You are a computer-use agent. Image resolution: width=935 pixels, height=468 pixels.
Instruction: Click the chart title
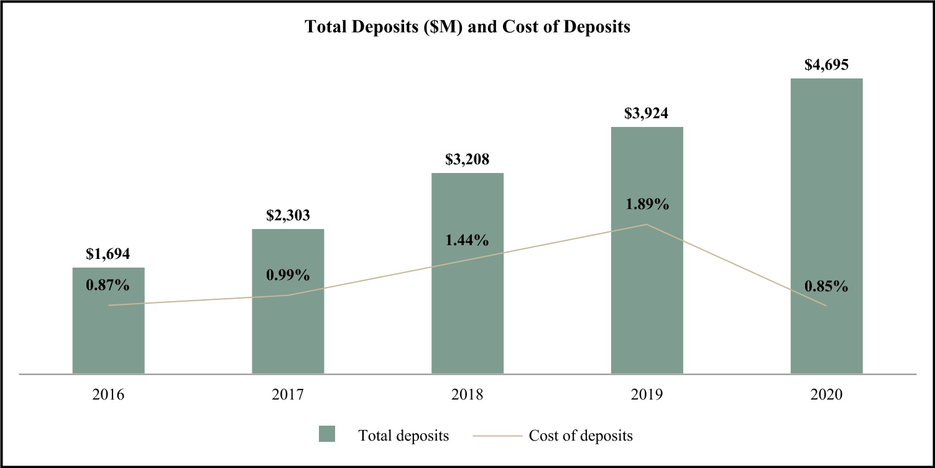468,28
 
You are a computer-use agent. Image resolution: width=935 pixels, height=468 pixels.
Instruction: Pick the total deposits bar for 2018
468,311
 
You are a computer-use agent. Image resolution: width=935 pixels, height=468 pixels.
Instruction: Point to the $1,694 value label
108,254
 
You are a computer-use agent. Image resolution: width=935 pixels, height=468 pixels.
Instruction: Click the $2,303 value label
288,215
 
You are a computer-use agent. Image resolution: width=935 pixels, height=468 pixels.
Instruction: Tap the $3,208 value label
468,159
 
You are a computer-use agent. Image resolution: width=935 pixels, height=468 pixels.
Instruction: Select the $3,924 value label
647,113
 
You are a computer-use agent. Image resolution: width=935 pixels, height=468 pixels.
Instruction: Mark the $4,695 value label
826,65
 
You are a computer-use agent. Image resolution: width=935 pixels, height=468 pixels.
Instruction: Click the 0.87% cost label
108,286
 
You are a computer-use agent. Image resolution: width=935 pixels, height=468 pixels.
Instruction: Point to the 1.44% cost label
468,240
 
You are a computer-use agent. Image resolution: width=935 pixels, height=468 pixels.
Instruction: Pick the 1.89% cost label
647,204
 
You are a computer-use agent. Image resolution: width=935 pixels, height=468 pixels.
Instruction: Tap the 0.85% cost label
826,287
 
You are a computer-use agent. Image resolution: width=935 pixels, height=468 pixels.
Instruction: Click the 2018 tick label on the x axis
468,395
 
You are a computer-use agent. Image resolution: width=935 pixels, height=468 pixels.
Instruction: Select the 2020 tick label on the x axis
826,395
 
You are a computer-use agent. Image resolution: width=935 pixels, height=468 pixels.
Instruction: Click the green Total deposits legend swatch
327,434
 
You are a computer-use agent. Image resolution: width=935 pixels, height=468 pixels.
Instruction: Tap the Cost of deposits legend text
581,436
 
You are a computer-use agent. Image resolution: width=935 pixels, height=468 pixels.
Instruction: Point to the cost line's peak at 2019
647,224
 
